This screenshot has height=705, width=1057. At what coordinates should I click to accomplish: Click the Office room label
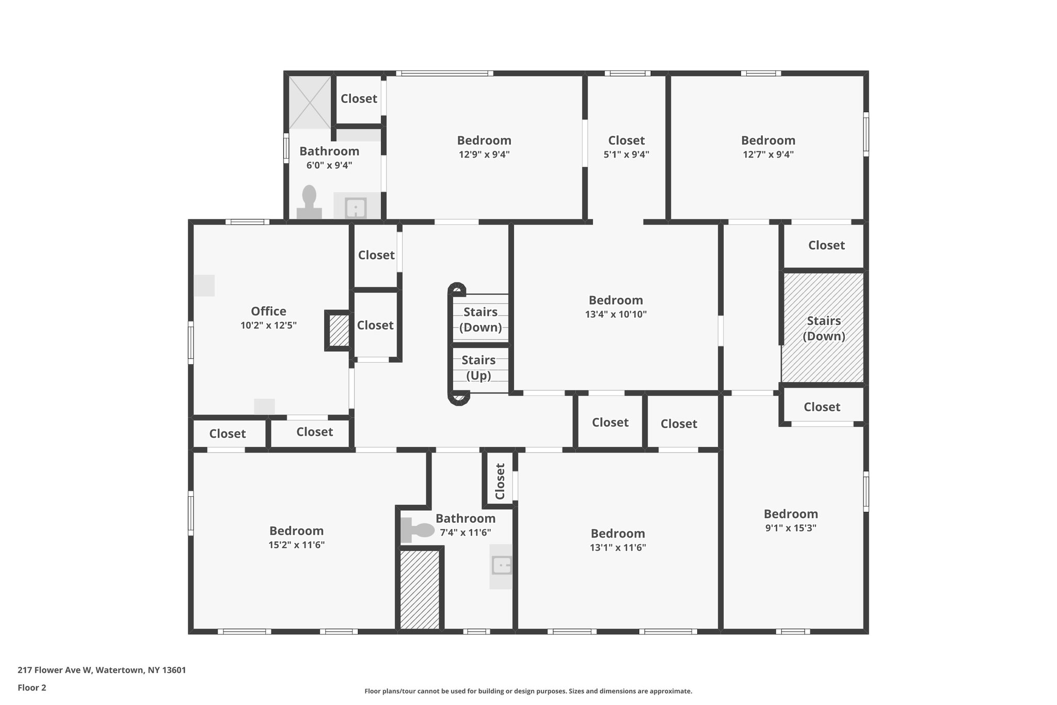coord(268,311)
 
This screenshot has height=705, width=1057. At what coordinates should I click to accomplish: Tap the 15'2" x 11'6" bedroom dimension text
coord(296,545)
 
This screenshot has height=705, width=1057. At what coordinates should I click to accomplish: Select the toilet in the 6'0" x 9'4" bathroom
coord(309,202)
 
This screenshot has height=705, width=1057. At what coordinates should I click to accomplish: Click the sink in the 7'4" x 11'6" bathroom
coord(501,566)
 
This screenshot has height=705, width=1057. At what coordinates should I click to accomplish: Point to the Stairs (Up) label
coord(478,368)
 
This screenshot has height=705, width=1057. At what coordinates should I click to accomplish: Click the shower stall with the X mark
coord(309,102)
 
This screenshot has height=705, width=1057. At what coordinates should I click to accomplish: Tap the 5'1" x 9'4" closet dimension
coord(626,154)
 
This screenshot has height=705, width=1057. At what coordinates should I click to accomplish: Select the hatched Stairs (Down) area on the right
coord(823,328)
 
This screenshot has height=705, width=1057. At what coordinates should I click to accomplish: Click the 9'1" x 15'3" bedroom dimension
coord(791,528)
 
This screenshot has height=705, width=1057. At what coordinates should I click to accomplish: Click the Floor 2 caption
coord(32,687)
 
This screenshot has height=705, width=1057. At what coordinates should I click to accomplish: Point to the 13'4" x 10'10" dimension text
coord(616,314)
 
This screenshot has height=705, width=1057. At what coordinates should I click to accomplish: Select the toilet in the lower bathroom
coord(418,530)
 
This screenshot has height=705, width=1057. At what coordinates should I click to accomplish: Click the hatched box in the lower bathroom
coord(420,589)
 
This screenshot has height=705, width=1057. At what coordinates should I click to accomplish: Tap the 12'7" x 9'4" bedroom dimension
coord(768,154)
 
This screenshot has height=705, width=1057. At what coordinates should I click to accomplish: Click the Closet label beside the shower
coord(359,99)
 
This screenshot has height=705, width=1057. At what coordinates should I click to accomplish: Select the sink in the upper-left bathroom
coord(356,208)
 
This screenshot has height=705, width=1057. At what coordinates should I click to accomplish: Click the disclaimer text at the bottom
coord(528,691)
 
